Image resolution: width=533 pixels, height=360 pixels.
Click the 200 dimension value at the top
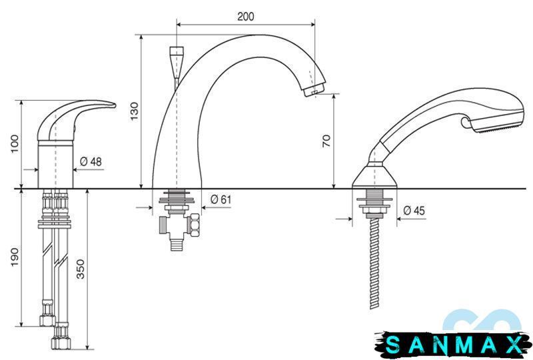point(245,16)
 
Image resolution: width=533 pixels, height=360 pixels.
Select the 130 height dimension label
point(135,111)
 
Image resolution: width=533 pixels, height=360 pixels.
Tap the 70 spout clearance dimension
point(326,141)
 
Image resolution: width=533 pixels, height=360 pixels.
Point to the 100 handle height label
point(15,144)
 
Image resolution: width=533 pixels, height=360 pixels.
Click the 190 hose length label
point(14,257)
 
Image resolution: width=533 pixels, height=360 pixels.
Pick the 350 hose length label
point(80,269)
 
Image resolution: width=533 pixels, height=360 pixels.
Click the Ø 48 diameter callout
point(91,161)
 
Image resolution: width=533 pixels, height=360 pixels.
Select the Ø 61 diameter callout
point(221,199)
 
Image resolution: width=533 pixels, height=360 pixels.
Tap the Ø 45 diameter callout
point(414,211)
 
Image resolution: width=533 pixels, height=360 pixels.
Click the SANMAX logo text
point(454,345)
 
